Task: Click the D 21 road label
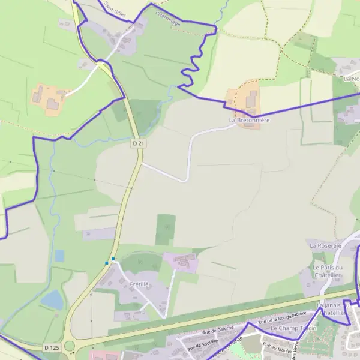139,143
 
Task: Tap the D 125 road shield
51,347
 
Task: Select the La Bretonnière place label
250,120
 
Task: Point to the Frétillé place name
139,284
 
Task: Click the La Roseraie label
325,245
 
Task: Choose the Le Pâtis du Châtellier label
327,271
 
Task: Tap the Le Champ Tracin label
293,329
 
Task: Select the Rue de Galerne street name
217,331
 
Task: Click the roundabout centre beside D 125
70,346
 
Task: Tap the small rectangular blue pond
59,256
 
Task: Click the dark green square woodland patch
166,229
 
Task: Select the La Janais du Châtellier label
332,308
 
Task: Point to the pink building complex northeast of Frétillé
181,262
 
